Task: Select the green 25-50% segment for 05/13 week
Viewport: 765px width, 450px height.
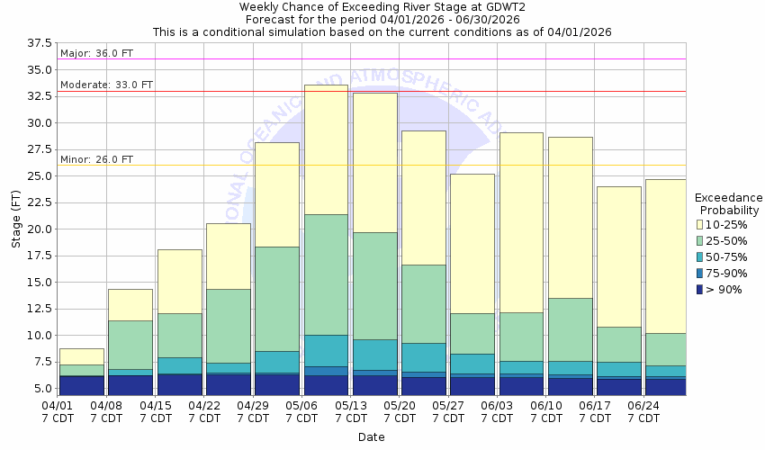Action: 374,285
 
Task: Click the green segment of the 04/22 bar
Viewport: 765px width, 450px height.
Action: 229,326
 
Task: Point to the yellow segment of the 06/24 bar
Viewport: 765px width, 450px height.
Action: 666,256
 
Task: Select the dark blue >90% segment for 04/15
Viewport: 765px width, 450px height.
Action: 180,384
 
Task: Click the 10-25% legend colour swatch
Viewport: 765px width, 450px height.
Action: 701,224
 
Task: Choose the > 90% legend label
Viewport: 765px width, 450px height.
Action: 724,289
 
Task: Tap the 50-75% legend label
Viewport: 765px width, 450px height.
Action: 727,256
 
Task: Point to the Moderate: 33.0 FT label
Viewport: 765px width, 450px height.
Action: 106,85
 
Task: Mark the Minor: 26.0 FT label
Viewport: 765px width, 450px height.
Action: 96,159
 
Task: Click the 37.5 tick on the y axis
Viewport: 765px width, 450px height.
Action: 40,43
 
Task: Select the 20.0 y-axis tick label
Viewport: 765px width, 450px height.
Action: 40,229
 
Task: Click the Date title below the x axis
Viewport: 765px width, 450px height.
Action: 371,437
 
